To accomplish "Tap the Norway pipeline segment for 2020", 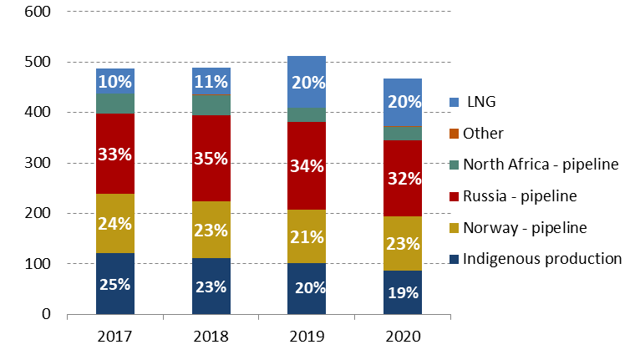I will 403,238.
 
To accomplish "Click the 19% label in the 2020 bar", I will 403,292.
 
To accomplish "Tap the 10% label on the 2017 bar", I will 115,82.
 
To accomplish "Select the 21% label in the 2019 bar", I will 307,236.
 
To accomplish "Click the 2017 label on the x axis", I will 115,337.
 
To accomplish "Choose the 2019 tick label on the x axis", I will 307,337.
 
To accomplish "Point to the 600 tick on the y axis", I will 37,12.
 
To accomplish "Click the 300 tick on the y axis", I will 37,163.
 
